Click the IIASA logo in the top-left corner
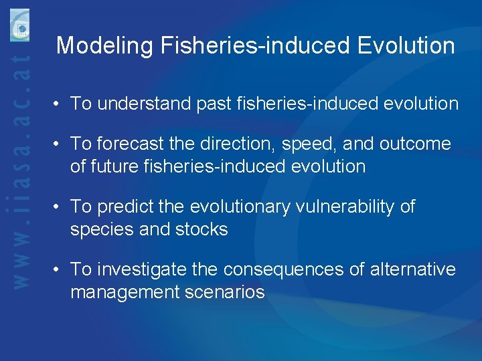click(x=19, y=26)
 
